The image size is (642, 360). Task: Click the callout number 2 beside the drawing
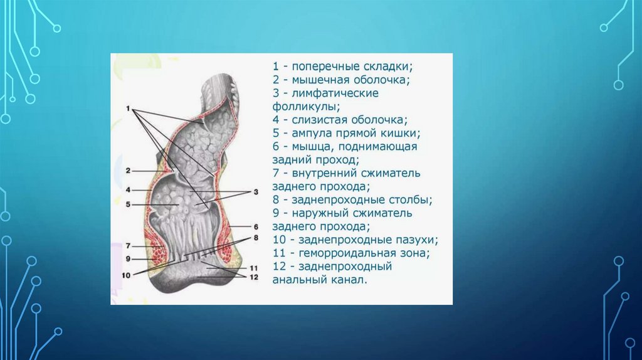(x=127, y=170)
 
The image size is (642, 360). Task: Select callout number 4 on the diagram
(x=127, y=189)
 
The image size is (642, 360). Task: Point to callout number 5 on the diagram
(x=127, y=204)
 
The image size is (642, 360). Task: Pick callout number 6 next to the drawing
(x=256, y=226)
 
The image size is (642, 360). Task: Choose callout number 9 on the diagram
(x=127, y=258)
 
